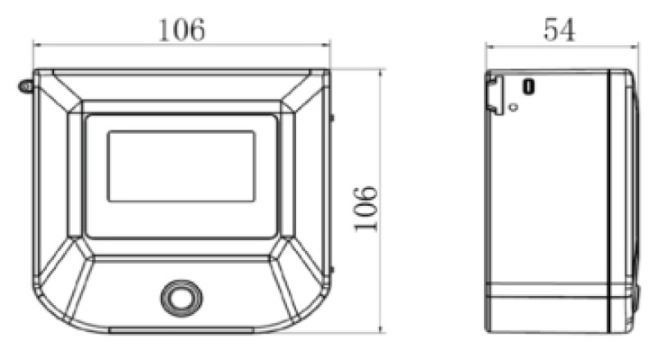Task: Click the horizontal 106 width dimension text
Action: tap(181, 30)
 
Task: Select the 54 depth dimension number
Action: tap(559, 30)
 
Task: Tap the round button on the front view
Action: tap(180, 296)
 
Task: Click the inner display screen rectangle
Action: tap(180, 166)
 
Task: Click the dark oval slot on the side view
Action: tap(529, 86)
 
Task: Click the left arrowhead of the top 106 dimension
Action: tap(38, 46)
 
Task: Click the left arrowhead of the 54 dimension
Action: tap(490, 46)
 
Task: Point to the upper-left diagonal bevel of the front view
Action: tap(63, 92)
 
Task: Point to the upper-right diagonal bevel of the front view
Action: tap(302, 92)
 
